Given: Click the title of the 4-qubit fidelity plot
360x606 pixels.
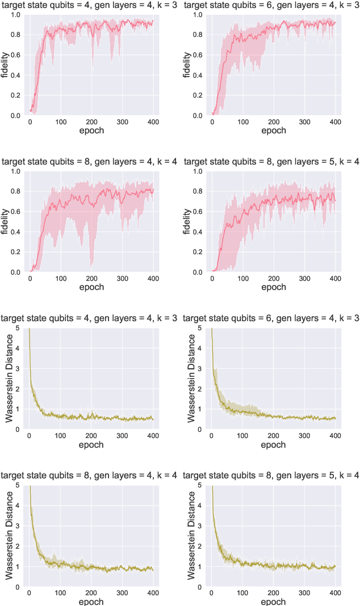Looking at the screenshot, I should [89, 5].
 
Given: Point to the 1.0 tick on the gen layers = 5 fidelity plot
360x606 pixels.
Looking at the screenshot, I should [200, 171].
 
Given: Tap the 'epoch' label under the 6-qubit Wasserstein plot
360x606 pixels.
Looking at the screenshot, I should [273, 444].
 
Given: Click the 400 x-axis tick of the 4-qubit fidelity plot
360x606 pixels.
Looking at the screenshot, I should [153, 122].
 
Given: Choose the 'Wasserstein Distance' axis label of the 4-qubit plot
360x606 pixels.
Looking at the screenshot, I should [10, 378].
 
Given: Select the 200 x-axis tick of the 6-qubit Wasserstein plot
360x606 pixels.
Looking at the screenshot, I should [274, 435].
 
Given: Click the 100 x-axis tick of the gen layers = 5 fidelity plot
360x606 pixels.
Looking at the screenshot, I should [243, 279].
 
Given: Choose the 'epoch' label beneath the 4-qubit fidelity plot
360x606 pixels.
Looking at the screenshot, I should [91, 131].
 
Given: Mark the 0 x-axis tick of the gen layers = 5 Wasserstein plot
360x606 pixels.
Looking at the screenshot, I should [212, 593].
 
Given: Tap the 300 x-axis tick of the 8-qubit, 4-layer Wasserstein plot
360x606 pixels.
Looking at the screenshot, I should [122, 593].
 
